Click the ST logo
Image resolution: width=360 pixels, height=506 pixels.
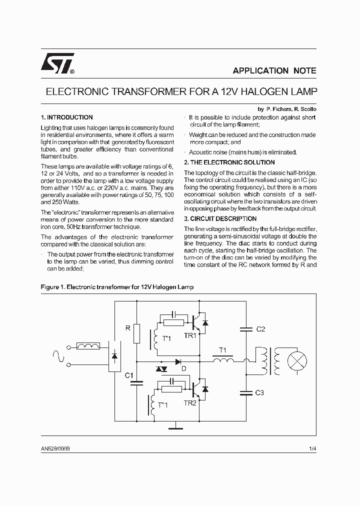57,63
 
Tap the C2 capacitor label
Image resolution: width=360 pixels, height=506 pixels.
260,329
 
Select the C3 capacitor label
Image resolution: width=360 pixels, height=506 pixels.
259,393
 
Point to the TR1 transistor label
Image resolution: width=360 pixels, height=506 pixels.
190,335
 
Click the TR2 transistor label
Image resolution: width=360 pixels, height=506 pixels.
190,402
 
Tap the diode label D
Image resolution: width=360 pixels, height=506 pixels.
183,369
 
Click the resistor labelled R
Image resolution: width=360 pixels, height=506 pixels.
137,333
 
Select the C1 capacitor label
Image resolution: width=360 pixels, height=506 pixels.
128,375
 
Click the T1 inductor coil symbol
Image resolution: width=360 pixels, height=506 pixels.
223,359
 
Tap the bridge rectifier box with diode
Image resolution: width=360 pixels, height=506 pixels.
114,356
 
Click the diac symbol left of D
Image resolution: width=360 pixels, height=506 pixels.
161,369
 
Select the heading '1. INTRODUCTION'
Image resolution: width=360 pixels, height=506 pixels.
66,117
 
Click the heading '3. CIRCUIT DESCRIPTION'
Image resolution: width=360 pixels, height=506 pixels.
220,219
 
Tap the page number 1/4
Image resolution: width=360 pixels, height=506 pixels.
312,449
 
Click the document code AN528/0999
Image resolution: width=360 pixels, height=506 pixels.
55,449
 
